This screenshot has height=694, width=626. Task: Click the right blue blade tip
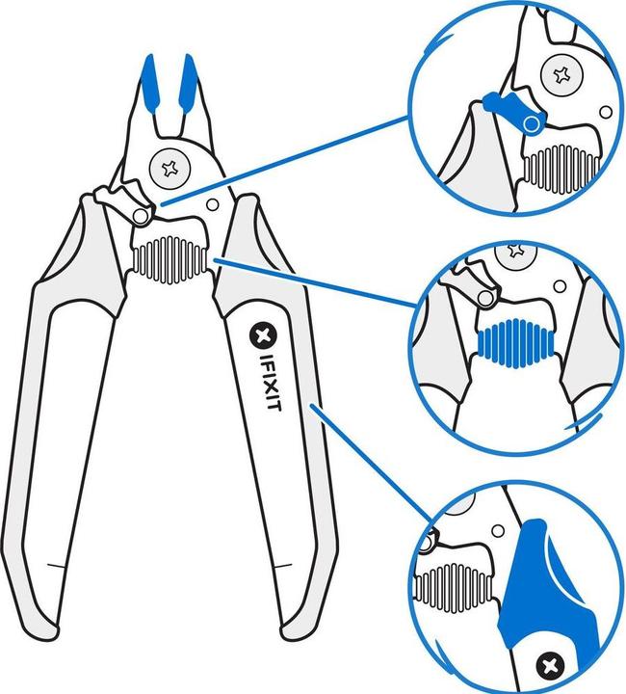pos(189,82)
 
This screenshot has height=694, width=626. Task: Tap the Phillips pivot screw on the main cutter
pos(170,170)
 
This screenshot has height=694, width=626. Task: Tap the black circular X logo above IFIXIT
pos(261,336)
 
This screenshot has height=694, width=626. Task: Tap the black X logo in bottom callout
pos(551,664)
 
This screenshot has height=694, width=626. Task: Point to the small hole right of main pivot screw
pos(214,203)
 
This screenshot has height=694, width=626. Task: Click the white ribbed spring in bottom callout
pos(453,584)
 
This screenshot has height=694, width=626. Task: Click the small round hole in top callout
pos(605,112)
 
